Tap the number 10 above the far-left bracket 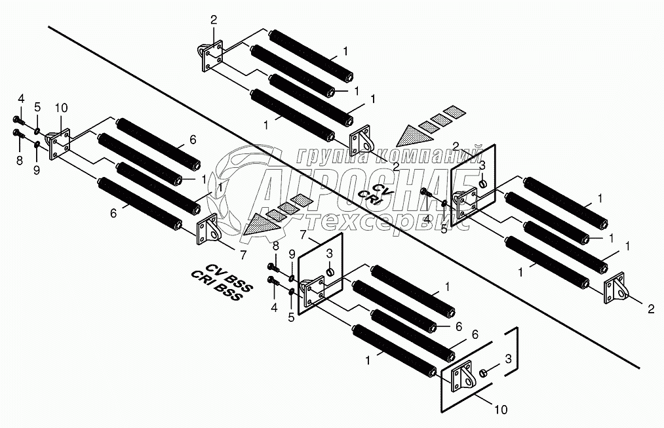(61, 107)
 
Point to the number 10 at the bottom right (499, 410)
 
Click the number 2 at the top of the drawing (213, 20)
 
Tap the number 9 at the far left (37, 170)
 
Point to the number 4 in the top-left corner (21, 99)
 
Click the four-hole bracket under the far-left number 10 (62, 143)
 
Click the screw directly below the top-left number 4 (17, 121)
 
